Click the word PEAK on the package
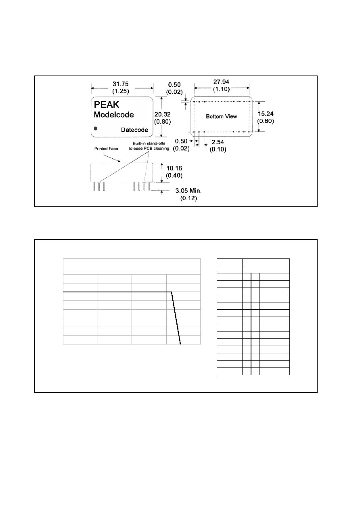tap(106, 105)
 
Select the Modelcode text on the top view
tap(114, 115)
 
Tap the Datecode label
tap(134, 130)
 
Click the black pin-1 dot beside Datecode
tap(96, 128)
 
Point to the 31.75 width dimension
tap(121, 84)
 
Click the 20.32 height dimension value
tap(163, 114)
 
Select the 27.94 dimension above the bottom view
tap(221, 82)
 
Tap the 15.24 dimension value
tap(266, 113)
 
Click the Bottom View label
tap(222, 116)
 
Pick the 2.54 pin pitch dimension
tap(218, 142)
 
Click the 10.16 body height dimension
tap(174, 168)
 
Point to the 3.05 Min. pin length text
tap(188, 191)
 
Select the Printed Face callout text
tap(106, 149)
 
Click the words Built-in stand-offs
tap(149, 143)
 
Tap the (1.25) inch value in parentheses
tap(121, 91)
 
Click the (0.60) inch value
tap(266, 121)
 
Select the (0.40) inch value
tap(174, 176)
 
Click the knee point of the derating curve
tap(172, 292)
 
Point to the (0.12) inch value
tap(188, 198)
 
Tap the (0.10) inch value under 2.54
tap(218, 149)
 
